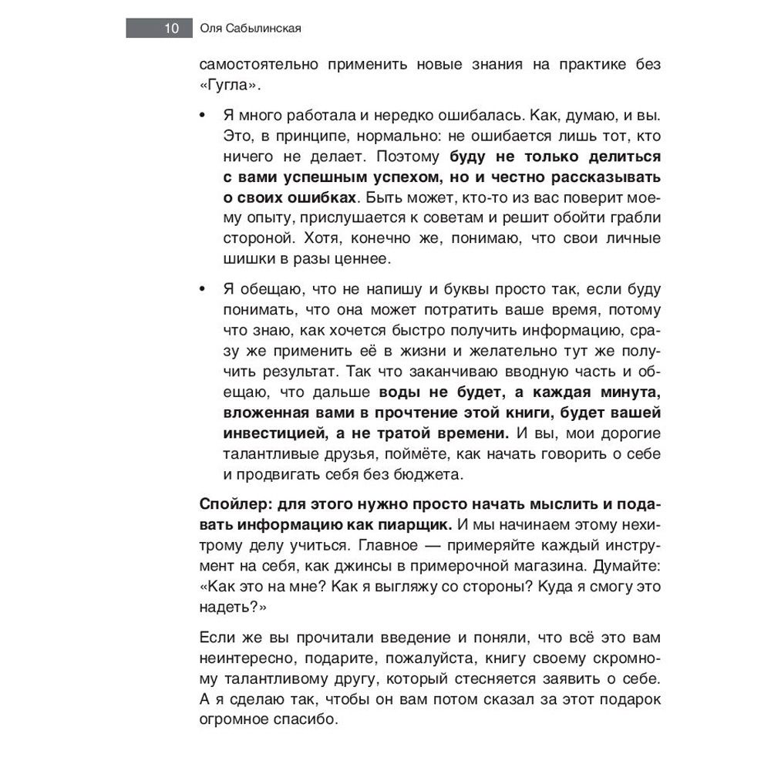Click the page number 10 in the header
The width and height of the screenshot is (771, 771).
tap(170, 29)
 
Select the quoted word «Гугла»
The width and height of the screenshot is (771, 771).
tap(228, 85)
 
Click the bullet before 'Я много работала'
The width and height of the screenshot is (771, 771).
tap(203, 115)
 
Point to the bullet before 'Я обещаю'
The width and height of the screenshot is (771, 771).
tap(203, 290)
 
